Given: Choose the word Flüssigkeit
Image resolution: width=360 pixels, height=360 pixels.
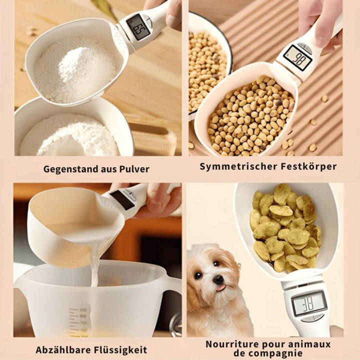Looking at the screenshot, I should tap(122, 350).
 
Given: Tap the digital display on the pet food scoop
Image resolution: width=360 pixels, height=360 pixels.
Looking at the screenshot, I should tap(308, 303).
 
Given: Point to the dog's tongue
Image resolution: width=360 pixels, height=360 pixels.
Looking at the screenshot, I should tap(219, 288).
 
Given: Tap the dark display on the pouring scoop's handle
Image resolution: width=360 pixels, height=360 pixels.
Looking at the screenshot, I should tap(122, 199).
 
